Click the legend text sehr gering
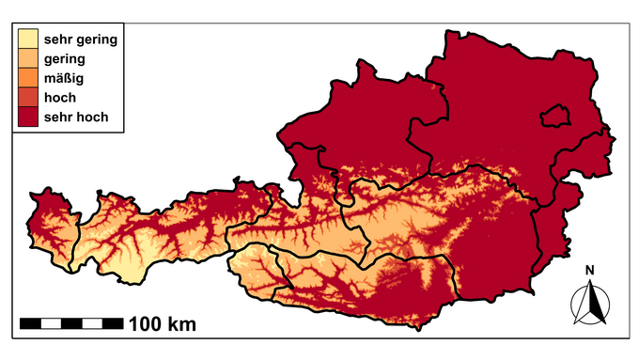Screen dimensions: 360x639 click(81, 39)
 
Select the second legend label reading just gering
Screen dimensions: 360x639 click(65, 58)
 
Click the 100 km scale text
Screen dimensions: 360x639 click(163, 325)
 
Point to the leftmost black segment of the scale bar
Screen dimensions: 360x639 click(30, 323)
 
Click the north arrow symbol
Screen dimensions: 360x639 click(590, 303)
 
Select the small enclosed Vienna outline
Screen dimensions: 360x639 click(556, 116)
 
